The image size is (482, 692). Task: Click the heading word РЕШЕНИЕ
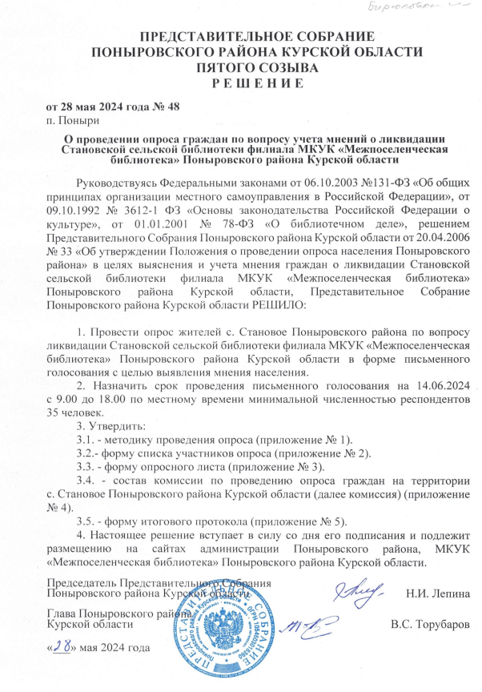[240, 82]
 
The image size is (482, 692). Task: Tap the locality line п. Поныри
[74, 122]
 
